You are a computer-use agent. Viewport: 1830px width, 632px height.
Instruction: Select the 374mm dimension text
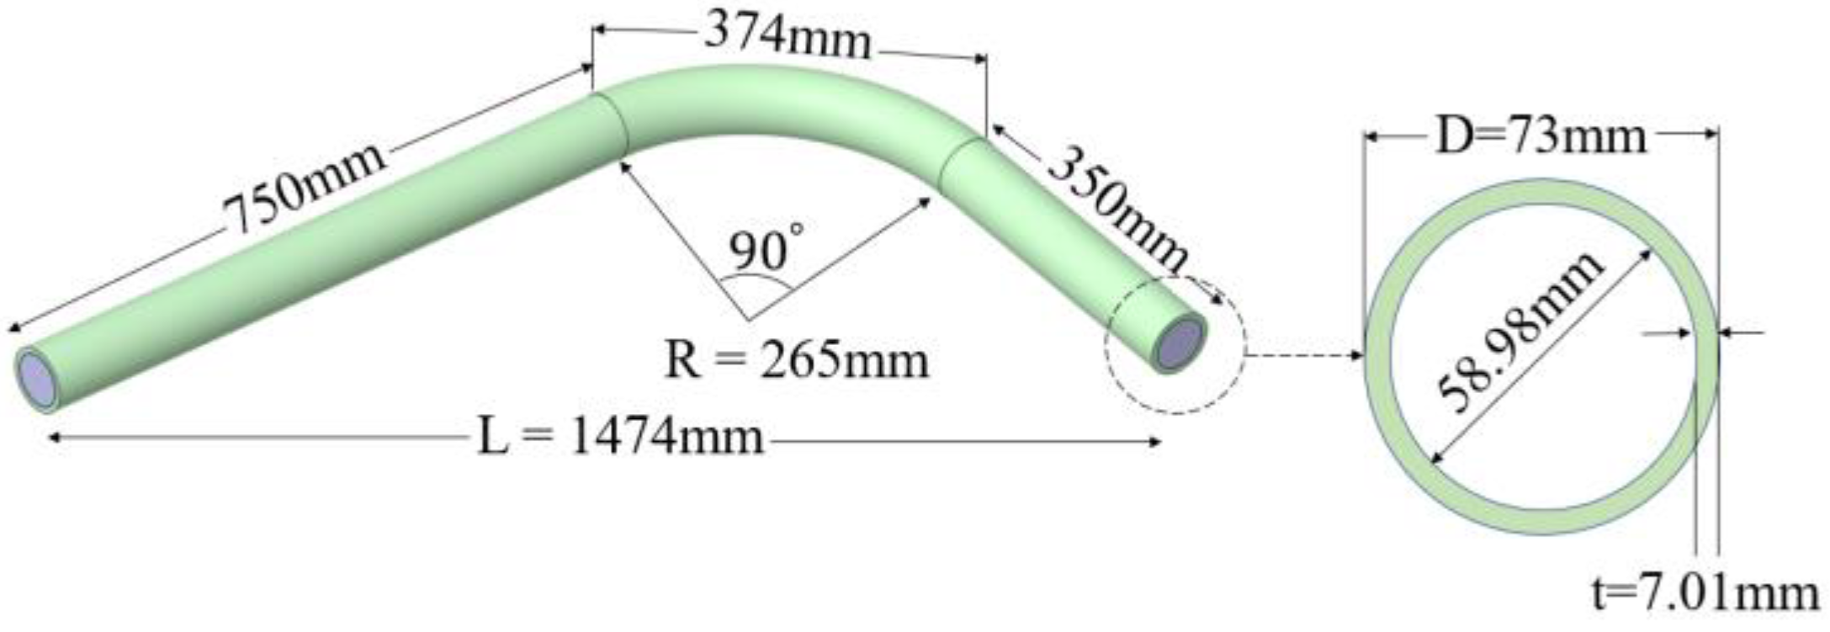click(x=788, y=38)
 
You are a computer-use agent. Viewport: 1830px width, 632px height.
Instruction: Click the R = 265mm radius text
click(x=796, y=360)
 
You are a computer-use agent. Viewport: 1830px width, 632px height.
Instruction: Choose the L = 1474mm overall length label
click(x=621, y=438)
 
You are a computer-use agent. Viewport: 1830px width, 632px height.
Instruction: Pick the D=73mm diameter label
click(x=1540, y=136)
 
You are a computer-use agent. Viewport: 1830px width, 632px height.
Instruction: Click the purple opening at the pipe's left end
click(x=35, y=380)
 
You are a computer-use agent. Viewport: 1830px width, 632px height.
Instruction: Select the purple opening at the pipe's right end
click(x=1180, y=343)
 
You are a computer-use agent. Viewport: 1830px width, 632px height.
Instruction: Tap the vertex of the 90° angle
click(x=748, y=321)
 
